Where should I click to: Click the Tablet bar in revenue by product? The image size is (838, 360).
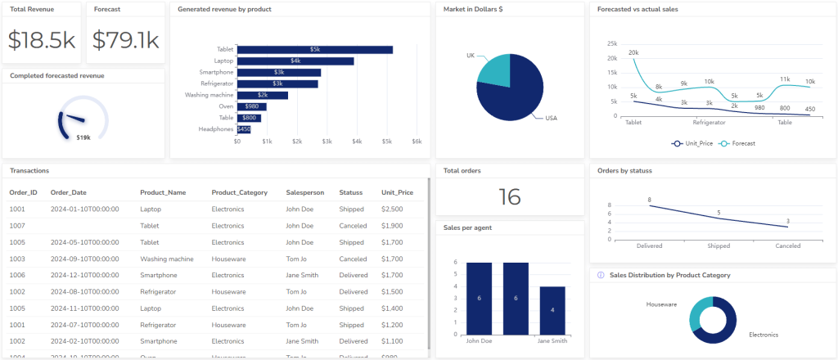coord(315,50)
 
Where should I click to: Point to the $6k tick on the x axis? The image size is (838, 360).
coord(417,142)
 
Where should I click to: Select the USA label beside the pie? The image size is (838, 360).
coord(551,119)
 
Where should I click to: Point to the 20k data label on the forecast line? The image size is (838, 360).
coord(633,52)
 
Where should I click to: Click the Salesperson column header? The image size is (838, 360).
coord(305,193)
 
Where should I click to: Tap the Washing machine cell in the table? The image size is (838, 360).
coord(167,259)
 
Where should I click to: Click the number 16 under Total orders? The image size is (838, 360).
coord(509,196)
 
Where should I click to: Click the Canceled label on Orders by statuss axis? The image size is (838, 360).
coord(787,245)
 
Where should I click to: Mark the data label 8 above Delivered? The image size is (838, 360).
coord(649,200)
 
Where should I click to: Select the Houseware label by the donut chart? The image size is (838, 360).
coord(661,304)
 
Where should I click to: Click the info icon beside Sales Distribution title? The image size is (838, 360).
coord(601,276)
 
